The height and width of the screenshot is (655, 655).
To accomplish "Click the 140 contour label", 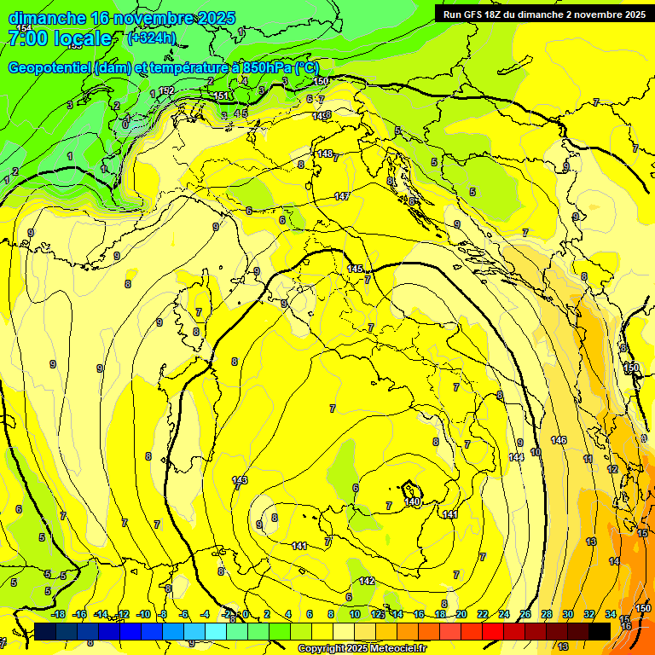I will point(413,502).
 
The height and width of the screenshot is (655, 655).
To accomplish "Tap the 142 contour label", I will point(367,581).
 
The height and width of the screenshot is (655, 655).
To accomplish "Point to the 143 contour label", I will point(240,480).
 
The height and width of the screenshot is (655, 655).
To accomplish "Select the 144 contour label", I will point(516,457).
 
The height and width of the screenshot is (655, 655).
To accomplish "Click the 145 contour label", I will point(356,269).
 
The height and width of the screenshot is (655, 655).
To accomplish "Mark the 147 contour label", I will point(342,196).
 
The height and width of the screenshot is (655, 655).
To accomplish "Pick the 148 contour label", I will point(324,154).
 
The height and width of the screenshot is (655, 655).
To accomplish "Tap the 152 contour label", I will point(167,90).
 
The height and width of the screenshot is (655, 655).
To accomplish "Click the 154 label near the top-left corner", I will point(24,28).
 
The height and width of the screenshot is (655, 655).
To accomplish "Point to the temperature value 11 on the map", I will point(588,459).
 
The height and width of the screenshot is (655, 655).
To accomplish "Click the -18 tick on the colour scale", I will point(59,614).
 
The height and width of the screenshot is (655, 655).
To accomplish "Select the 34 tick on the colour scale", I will point(610,614).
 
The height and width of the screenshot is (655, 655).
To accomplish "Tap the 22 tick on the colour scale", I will point(482,614).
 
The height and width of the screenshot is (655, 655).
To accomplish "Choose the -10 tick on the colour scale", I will point(143,614).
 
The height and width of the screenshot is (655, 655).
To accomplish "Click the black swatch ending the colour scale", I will point(600,631).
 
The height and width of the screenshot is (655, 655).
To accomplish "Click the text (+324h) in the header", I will point(151,38).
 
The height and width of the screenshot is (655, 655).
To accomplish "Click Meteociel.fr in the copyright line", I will point(398,649).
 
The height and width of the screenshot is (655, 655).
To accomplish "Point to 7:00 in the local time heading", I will point(28,38).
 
